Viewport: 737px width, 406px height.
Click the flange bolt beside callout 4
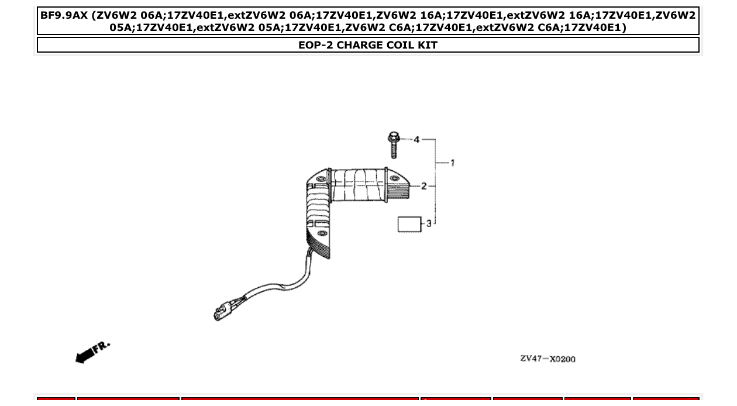(394, 146)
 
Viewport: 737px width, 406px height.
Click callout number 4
(416, 140)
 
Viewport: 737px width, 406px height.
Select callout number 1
(452, 163)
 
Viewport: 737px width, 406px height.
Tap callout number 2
(424, 186)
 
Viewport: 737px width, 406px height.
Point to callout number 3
(429, 223)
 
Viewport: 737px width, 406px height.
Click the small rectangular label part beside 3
(409, 224)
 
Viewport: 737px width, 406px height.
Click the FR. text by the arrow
(102, 346)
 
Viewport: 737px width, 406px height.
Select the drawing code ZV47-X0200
(547, 359)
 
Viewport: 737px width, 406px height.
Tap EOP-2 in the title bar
(315, 45)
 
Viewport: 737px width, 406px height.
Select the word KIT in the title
(427, 45)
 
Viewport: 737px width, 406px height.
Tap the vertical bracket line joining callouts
(436, 181)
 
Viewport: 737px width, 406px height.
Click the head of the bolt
(393, 138)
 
